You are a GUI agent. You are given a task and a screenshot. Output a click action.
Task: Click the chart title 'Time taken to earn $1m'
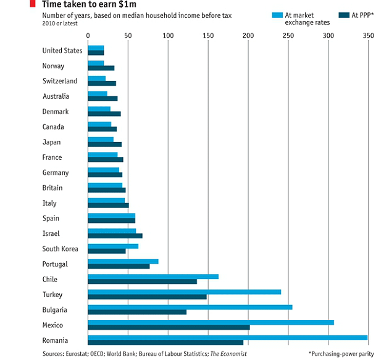[93, 4]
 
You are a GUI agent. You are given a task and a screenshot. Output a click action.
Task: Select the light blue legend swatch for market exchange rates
[276, 14]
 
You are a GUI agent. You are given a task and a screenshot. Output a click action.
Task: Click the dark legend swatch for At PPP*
[346, 14]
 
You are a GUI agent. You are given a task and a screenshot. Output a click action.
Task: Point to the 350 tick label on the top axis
[369, 36]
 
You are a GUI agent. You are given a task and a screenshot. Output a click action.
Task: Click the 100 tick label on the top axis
[168, 36]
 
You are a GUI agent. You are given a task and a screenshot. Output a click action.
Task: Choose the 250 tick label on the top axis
[288, 36]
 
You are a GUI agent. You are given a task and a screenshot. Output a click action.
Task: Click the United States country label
[62, 51]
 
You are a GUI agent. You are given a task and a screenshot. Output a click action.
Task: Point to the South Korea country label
[60, 249]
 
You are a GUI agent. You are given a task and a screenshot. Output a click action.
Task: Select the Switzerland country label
[60, 81]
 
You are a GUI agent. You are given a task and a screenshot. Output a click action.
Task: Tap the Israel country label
[52, 233]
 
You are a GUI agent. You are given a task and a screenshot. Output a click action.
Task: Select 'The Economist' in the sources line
[228, 354]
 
